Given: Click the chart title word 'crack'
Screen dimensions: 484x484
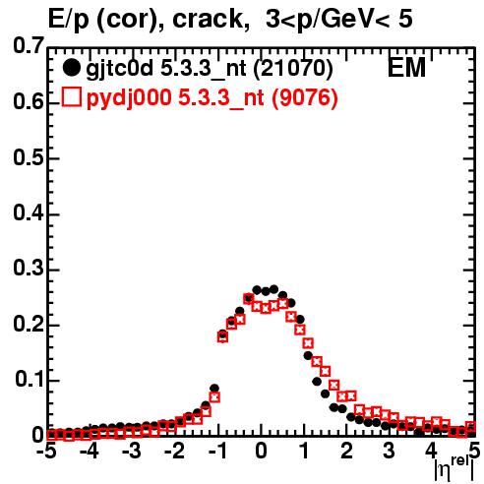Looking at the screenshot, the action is (x=208, y=19).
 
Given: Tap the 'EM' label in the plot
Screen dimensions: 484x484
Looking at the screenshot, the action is (x=406, y=68).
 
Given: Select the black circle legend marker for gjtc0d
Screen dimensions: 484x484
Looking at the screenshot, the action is (x=71, y=68).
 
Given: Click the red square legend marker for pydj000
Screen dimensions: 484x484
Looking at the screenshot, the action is (x=71, y=96).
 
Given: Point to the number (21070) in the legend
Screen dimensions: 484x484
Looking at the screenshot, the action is (x=293, y=68).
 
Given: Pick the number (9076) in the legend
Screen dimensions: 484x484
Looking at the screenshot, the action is (x=305, y=97).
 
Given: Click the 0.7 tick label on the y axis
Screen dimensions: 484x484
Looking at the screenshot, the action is (x=29, y=45).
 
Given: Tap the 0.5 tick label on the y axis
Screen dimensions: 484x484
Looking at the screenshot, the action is (x=29, y=157).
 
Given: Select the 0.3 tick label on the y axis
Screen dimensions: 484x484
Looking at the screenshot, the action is (x=29, y=269).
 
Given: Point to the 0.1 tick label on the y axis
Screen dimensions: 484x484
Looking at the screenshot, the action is (x=30, y=379).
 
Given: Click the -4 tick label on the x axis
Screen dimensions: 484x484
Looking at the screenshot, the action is (x=90, y=451).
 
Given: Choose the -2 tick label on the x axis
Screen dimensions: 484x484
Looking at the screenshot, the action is (x=175, y=451).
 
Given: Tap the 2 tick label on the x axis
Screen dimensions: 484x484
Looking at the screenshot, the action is (x=346, y=451).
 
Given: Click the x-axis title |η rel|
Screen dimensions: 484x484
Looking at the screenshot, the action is (x=454, y=469).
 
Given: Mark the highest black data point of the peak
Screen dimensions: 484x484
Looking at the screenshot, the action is (x=273, y=289).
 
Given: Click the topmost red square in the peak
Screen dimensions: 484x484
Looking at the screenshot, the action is (x=249, y=298).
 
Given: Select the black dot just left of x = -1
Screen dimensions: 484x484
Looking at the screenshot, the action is (x=214, y=389).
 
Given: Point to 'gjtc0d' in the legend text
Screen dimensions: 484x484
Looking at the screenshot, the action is (x=119, y=70).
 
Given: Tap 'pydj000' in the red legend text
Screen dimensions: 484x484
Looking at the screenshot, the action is (x=129, y=98).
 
